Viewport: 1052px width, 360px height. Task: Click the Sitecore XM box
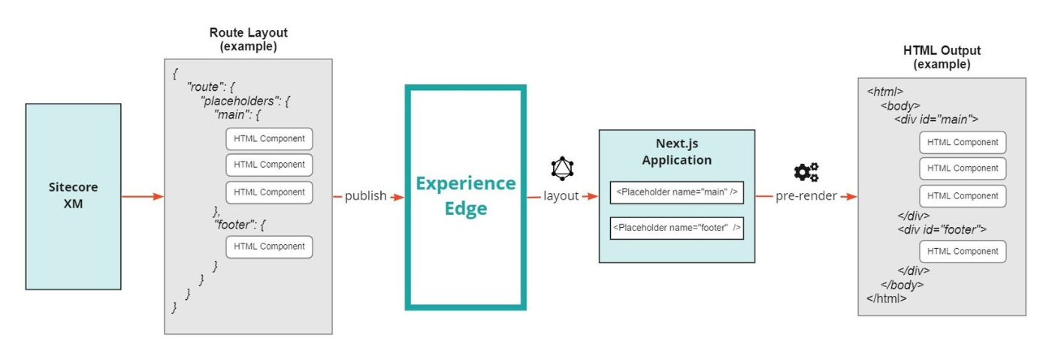pos(74,196)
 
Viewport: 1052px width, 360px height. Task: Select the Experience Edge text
pos(465,195)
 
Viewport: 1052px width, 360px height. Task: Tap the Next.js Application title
pos(677,152)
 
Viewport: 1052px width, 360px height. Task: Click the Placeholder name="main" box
pos(677,192)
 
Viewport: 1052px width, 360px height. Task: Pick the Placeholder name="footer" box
pos(677,228)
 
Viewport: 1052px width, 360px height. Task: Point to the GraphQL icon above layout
pos(562,168)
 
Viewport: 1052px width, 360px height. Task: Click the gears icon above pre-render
pos(806,172)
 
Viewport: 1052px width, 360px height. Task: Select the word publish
pos(365,195)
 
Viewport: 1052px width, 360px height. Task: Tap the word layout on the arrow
pos(561,195)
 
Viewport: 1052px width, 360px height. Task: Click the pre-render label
pos(806,195)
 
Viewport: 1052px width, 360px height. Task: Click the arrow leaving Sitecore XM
pos(143,196)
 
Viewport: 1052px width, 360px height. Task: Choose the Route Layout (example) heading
pos(249,40)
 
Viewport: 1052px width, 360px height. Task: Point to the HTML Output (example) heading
pos(942,57)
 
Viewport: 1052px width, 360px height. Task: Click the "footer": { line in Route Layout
pos(240,225)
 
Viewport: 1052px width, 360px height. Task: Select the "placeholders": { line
pos(245,101)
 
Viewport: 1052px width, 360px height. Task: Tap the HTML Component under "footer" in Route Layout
pos(269,247)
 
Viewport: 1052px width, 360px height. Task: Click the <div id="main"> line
pos(936,119)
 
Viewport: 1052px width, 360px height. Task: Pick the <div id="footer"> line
pos(942,230)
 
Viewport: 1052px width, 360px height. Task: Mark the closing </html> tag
pos(886,298)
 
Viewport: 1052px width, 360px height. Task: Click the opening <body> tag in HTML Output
pos(900,106)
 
